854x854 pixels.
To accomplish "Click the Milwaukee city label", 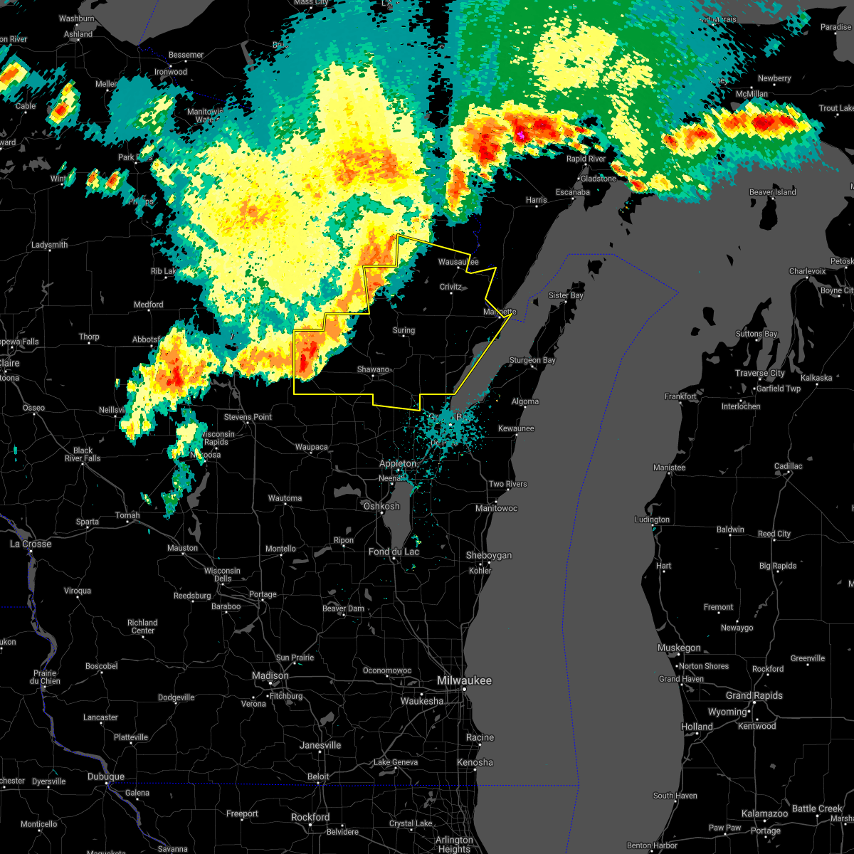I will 464,681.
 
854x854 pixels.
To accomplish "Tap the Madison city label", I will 270,675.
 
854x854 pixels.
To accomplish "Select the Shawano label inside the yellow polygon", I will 373,369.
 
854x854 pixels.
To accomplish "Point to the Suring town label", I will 404,330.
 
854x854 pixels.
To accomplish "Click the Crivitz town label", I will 450,287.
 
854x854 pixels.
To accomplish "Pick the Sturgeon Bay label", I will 532,360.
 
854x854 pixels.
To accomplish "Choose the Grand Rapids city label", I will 754,695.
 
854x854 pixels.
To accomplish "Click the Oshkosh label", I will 381,506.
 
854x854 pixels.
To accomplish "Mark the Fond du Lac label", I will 394,552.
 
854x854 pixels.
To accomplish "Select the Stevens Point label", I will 248,417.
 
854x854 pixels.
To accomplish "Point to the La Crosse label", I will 31,544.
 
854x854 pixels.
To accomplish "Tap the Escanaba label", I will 573,192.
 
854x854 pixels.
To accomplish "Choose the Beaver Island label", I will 772,192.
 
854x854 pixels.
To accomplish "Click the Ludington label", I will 653,520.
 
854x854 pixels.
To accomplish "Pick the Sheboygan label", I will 489,555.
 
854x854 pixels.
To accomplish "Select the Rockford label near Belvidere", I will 310,817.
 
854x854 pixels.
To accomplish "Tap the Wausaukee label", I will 458,262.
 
